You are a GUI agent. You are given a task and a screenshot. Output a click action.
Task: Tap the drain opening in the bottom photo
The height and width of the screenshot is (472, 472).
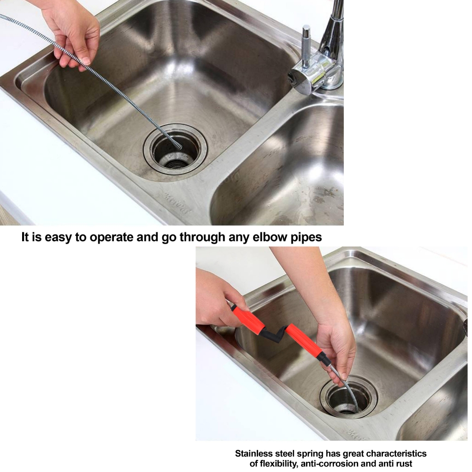(x=348, y=397)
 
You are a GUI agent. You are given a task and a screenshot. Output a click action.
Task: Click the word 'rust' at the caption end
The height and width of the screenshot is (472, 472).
(x=404, y=464)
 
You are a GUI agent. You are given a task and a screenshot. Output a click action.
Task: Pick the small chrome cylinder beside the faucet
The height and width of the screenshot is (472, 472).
(x=306, y=45)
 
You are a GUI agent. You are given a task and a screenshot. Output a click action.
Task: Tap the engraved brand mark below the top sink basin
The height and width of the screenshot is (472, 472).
(x=176, y=204)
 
